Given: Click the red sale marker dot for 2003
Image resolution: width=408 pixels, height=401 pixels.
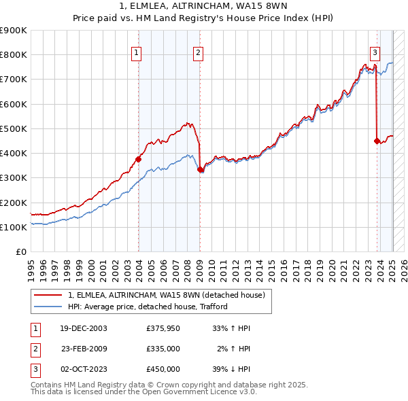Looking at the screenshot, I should tap(139, 159).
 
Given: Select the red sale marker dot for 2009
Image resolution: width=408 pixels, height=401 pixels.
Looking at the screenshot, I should tap(200, 170).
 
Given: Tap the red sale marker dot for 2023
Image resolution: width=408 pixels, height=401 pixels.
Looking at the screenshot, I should tap(377, 141).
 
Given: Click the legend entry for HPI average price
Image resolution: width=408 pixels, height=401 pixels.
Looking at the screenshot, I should tap(148, 307).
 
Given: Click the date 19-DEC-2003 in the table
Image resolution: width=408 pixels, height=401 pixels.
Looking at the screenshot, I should tap(84, 328).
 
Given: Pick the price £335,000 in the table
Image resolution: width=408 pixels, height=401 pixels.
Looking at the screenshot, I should tap(163, 349).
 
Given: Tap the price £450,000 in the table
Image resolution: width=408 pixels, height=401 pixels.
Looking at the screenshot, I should tap(163, 369).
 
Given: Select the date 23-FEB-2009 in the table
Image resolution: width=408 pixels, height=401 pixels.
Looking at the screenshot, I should tap(84, 349).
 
